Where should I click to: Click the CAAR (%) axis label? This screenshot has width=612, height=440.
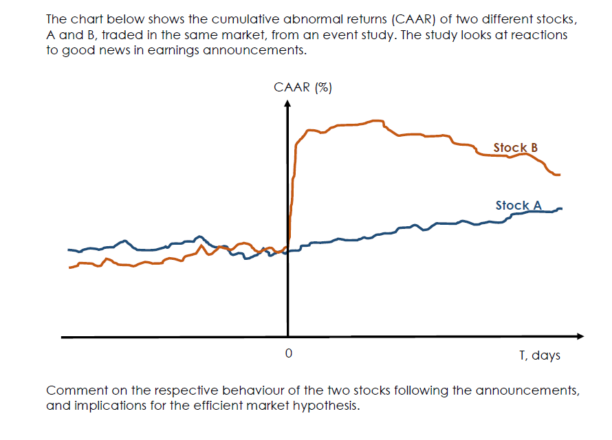(303, 87)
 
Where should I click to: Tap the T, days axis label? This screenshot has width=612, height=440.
(540, 355)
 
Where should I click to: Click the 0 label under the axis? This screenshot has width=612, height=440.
(289, 354)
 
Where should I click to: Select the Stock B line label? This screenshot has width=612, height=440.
(515, 148)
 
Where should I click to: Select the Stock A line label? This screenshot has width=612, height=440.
(518, 206)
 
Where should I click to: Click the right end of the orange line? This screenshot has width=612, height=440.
(560, 175)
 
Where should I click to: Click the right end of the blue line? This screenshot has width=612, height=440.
(562, 208)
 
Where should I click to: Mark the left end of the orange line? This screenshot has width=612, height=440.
(70, 267)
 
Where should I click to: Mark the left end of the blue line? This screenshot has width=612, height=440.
(68, 250)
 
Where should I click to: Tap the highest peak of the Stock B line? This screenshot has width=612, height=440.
(377, 120)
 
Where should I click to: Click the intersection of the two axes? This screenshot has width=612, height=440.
(288, 337)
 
